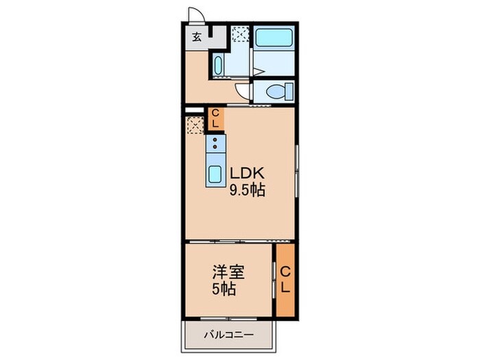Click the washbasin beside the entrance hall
tap(218, 67)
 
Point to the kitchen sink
tap(215, 173)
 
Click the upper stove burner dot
tap(215, 139)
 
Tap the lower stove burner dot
tap(215, 147)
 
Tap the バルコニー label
tap(228, 335)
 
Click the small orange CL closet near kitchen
tap(215, 119)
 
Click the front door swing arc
tap(195, 15)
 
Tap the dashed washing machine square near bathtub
tap(241, 34)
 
